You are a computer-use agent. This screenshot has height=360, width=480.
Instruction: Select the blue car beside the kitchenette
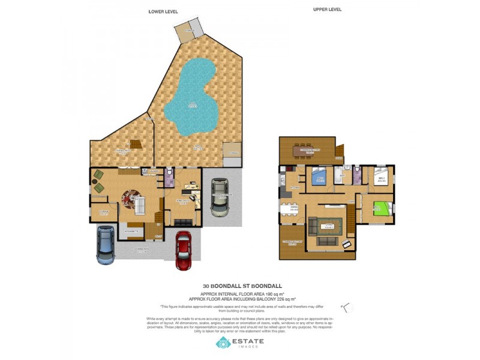(x=106, y=245)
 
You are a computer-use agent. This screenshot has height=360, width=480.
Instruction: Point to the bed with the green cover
(x=380, y=210)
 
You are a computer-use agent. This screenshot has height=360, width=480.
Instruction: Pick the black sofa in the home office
(x=183, y=223)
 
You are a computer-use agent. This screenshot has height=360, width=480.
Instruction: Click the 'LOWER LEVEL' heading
(x=164, y=11)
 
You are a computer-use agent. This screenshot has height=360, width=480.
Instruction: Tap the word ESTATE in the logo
(x=248, y=341)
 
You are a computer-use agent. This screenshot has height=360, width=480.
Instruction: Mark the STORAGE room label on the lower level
(x=104, y=212)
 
